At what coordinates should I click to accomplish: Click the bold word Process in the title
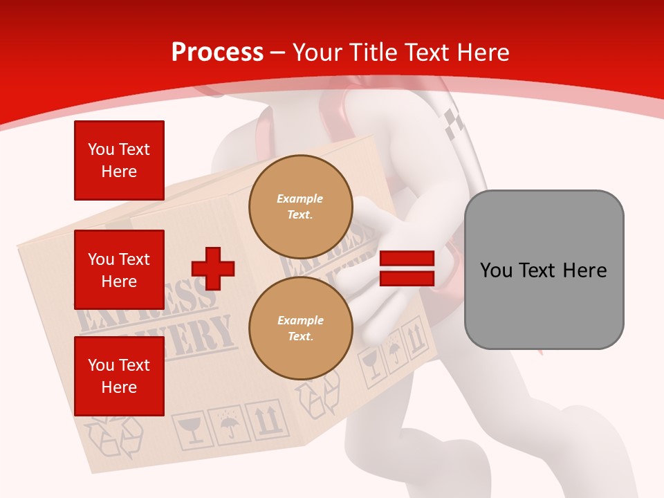point(217,53)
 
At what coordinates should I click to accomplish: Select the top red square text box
point(119,160)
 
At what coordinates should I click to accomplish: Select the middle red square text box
point(119,270)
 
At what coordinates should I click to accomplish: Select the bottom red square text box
point(119,376)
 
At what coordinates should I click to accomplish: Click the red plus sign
point(213,268)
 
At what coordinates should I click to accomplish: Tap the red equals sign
point(407,268)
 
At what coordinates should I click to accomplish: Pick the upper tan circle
point(300,207)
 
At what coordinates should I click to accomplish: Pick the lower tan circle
point(300,329)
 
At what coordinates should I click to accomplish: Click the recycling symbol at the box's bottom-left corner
point(113,436)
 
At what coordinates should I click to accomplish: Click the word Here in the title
point(482,53)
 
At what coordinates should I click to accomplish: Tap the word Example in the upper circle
point(300,199)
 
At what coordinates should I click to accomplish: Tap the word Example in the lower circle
point(300,320)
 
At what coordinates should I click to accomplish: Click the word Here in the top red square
point(119,172)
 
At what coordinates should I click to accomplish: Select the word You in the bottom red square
point(100,365)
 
